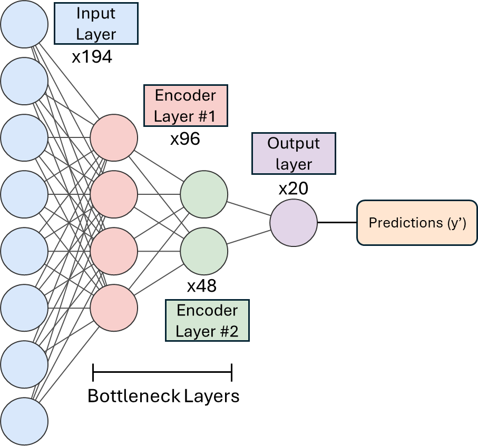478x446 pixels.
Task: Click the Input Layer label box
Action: tap(96, 23)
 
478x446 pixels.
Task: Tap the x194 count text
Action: tap(92, 57)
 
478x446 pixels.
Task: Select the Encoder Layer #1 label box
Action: tap(186, 106)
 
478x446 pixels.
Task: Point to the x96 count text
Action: tap(185, 140)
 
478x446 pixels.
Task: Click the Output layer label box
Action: tap(294, 154)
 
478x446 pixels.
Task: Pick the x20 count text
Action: tap(293, 188)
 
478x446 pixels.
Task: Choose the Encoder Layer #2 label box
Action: tap(207, 321)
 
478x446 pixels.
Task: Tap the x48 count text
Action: tap(202, 286)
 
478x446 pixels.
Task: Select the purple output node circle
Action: tap(294, 223)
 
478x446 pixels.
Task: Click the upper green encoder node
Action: tap(204, 194)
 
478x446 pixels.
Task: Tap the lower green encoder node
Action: tap(204, 251)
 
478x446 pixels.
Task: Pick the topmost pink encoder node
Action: tap(114, 137)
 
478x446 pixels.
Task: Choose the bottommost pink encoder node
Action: tap(114, 308)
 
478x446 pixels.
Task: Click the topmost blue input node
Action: tap(24, 24)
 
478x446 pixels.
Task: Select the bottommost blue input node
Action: tap(24, 421)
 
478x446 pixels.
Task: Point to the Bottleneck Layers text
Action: tap(163, 396)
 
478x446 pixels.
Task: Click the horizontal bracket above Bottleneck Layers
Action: tap(162, 372)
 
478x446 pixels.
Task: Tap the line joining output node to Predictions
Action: tap(337, 223)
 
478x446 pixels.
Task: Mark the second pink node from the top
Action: tap(114, 194)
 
